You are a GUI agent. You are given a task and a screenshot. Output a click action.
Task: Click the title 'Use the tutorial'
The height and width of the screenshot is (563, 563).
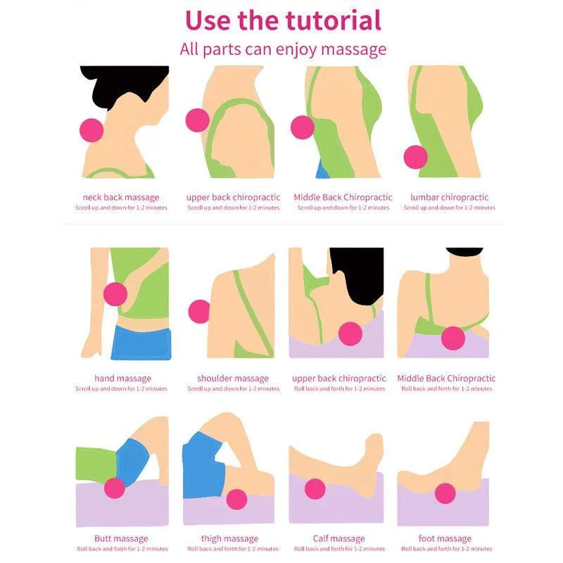(283, 20)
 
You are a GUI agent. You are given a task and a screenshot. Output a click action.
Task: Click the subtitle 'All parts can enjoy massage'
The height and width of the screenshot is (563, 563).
(283, 49)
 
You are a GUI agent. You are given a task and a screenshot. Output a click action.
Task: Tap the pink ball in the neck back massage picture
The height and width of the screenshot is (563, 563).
(91, 130)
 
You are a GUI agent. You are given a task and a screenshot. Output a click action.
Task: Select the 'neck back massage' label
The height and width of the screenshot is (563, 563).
(121, 197)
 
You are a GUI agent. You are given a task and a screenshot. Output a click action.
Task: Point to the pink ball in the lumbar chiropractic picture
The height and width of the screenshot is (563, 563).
(415, 157)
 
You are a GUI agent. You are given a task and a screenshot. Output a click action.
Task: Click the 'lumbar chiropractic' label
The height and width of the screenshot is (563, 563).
(449, 197)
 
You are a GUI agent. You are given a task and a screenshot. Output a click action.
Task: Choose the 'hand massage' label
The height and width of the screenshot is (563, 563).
(122, 378)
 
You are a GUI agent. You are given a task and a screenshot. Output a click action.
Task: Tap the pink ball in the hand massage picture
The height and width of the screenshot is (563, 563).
(115, 294)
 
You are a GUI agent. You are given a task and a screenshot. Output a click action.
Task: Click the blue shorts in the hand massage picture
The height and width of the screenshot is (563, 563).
(141, 343)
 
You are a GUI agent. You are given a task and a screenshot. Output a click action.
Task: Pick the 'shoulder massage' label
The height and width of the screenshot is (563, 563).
(233, 378)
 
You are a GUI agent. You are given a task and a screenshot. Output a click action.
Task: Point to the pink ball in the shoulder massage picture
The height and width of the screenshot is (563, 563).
(199, 312)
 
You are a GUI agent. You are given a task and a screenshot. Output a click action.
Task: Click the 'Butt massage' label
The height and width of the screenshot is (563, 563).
(121, 538)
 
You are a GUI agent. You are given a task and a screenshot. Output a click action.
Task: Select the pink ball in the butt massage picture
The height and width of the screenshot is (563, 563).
(115, 488)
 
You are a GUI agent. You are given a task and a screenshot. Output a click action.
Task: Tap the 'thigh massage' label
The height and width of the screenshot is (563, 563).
(230, 538)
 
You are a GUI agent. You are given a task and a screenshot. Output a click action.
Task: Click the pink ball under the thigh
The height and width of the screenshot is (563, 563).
(236, 500)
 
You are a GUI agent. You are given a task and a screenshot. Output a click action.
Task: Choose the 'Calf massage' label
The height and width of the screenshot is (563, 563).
(339, 538)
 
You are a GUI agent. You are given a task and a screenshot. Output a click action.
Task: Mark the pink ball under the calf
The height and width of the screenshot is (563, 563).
(315, 489)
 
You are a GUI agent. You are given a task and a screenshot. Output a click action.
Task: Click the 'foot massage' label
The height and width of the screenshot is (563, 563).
(445, 538)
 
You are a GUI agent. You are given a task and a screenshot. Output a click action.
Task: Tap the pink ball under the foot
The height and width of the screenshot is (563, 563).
(445, 493)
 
